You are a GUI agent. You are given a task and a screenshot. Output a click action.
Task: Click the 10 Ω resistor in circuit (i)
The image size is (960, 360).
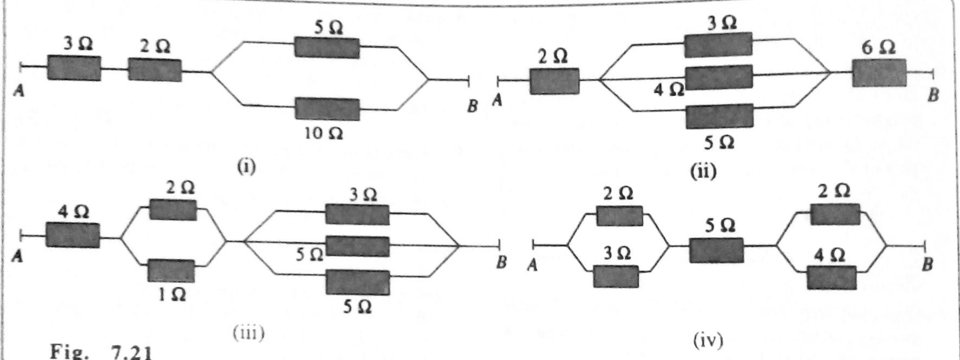tap(327, 109)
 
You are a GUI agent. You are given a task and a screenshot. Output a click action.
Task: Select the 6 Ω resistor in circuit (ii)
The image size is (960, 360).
tap(879, 73)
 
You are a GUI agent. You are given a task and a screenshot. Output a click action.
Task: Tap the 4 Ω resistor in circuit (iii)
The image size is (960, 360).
tap(73, 235)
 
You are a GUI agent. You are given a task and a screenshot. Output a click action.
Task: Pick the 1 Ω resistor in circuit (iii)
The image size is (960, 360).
tap(171, 271)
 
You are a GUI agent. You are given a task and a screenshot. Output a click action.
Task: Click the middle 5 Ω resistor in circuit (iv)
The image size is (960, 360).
tap(716, 250)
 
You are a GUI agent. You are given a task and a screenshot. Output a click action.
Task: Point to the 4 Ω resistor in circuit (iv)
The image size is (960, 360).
tap(831, 278)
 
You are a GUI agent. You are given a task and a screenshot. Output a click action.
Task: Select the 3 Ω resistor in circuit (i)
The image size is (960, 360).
tap(74, 68)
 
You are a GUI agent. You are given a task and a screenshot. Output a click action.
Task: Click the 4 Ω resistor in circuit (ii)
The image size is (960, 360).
tap(719, 78)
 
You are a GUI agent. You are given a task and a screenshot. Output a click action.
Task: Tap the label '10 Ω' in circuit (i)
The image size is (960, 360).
tap(323, 133)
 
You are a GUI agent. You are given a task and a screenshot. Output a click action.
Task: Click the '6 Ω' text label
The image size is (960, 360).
tap(878, 48)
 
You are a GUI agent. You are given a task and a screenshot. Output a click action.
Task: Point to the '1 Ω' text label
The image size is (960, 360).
tap(173, 294)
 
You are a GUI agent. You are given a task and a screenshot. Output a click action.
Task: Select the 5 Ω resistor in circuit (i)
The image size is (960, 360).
tap(327, 48)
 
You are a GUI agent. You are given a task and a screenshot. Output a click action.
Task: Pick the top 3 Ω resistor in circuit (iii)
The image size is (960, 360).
tap(357, 214)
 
